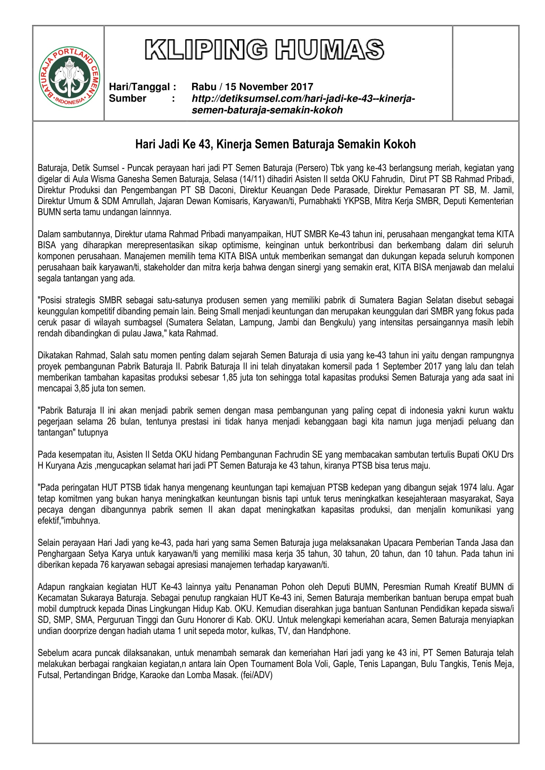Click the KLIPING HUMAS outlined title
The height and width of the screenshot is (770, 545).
pos(265,50)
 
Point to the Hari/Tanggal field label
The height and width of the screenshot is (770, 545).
pos(142,87)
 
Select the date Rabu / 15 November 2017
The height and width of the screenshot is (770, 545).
pos(252,87)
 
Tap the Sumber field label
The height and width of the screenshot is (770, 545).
pos(128,98)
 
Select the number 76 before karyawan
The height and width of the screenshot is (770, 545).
pos(104,565)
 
